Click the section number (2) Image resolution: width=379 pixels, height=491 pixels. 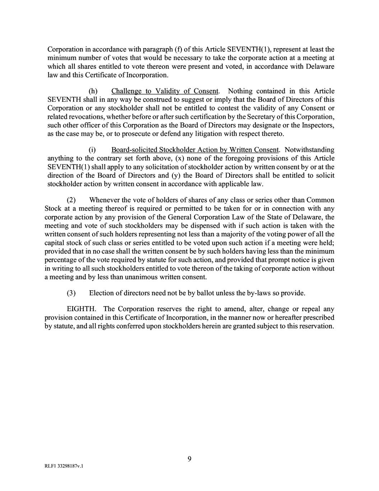tap(71, 200)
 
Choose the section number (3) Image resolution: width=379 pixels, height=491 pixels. tap(71, 293)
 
